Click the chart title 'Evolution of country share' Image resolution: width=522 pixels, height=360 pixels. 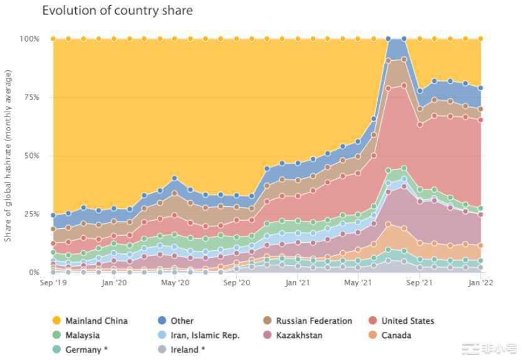coord(117,11)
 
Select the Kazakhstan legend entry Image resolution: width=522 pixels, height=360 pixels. coord(300,335)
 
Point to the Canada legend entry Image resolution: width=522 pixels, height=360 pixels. coord(395,335)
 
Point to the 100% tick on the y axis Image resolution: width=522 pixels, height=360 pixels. coord(29,39)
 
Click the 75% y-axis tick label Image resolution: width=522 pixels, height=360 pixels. coord(31,97)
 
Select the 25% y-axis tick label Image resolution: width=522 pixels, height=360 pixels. coord(31,214)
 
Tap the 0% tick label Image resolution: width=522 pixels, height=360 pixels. coord(33,272)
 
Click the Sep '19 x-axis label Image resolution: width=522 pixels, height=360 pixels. coord(53,283)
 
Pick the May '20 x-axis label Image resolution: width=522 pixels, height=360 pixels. coord(175,283)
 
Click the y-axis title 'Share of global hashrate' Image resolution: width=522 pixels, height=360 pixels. coord(8,156)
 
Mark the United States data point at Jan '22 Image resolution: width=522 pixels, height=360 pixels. coord(481,120)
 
